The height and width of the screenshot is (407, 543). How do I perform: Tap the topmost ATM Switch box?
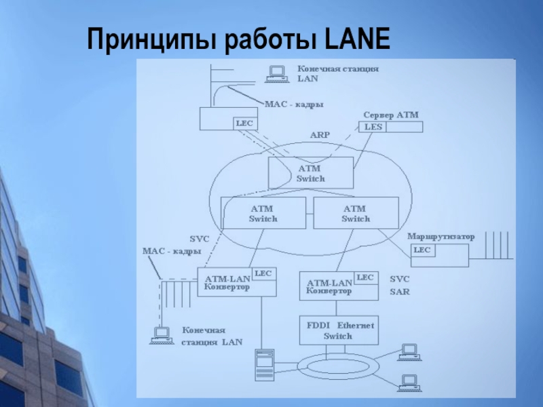pos(311,173)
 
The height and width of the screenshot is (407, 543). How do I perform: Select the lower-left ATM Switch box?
pos(263,214)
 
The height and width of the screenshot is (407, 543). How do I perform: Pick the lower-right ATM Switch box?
pos(355,214)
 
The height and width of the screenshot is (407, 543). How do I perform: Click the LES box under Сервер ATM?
pos(373,127)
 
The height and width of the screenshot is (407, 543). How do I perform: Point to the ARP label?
pos(320,135)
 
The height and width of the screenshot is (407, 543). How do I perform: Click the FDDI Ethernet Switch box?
pos(338,330)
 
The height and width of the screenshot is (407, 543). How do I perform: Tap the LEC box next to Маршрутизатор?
pos(422,250)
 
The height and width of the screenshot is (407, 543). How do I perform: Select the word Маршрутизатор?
pos(441,237)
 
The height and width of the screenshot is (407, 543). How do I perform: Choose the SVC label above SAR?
pos(399,279)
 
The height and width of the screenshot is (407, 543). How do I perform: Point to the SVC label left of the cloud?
pos(199,239)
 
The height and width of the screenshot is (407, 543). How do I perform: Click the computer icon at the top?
pos(276,73)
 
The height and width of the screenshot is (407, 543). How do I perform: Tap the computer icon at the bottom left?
pos(162,334)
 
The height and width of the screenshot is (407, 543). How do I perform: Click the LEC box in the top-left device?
pos(244,123)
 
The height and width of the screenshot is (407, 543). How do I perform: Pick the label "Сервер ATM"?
pos(391,115)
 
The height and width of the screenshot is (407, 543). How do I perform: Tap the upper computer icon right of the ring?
pos(409,351)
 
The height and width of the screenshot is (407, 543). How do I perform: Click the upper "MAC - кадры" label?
pos(294,104)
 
